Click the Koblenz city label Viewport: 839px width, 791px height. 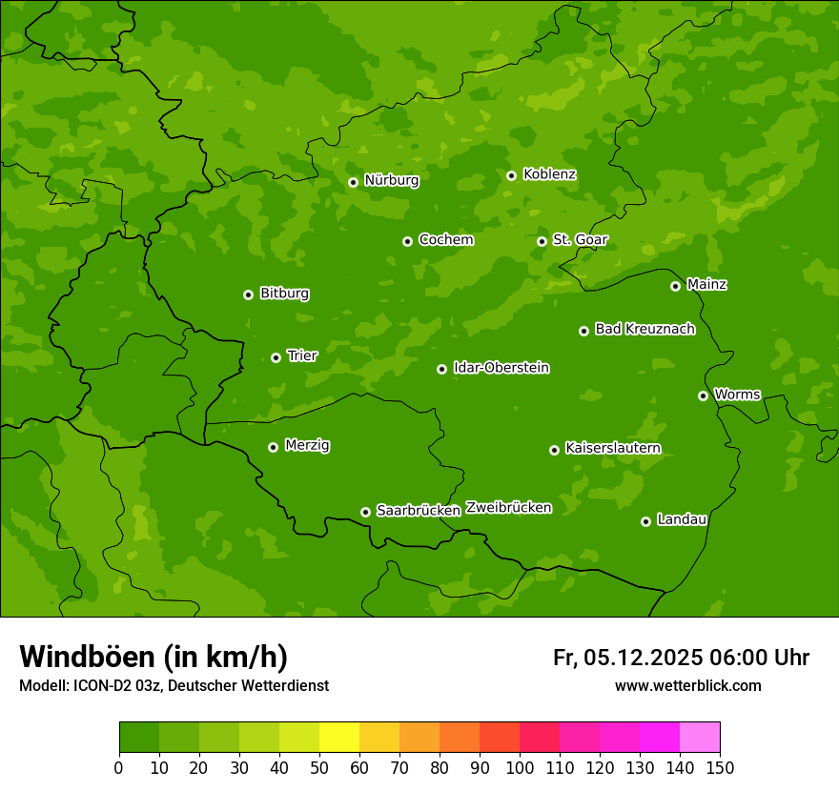click(549, 174)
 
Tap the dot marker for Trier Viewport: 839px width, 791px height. click(276, 357)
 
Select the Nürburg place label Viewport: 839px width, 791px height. click(391, 180)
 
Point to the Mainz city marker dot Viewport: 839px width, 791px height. click(675, 286)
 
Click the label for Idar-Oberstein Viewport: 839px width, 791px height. click(501, 368)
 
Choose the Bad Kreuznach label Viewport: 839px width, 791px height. click(645, 329)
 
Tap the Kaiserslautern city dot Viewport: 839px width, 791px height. click(554, 450)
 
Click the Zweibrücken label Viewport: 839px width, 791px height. click(508, 508)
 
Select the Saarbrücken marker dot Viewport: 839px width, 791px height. click(365, 512)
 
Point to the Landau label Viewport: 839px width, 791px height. click(682, 519)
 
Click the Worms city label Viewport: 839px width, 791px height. click(737, 395)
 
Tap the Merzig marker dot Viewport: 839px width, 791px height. click(273, 447)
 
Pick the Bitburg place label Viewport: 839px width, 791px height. click(284, 294)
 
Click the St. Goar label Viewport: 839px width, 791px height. click(580, 240)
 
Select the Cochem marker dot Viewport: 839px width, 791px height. click(407, 241)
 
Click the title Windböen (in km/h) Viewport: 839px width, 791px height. click(153, 657)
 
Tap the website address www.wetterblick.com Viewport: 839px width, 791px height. click(687, 686)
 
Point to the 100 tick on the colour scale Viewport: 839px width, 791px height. click(519, 767)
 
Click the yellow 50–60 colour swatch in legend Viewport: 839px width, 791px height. click(338, 738)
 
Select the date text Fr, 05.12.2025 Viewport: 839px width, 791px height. click(627, 658)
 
